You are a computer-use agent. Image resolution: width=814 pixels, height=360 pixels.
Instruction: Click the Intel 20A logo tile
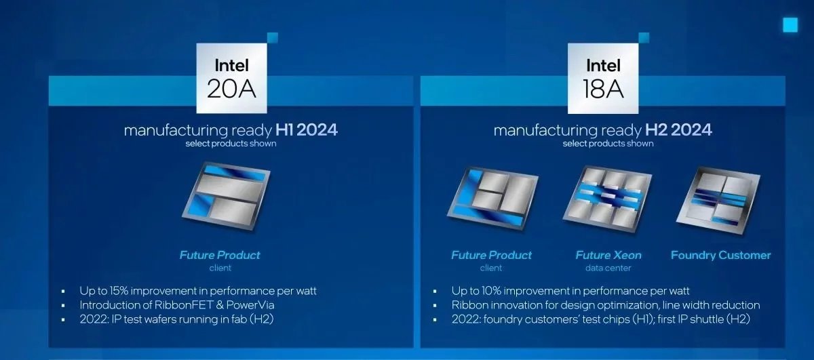tap(231, 78)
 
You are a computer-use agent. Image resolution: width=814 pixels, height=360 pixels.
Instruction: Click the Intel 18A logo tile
tap(603, 78)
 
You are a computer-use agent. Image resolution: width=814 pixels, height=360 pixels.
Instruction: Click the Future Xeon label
tap(608, 256)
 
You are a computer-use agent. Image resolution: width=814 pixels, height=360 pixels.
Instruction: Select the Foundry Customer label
tap(720, 256)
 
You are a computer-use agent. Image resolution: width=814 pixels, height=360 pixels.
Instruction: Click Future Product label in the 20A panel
tap(220, 256)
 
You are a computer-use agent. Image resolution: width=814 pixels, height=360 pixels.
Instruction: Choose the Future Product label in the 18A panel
tap(492, 256)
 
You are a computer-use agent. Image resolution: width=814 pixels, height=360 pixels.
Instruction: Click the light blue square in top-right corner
tap(790, 25)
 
